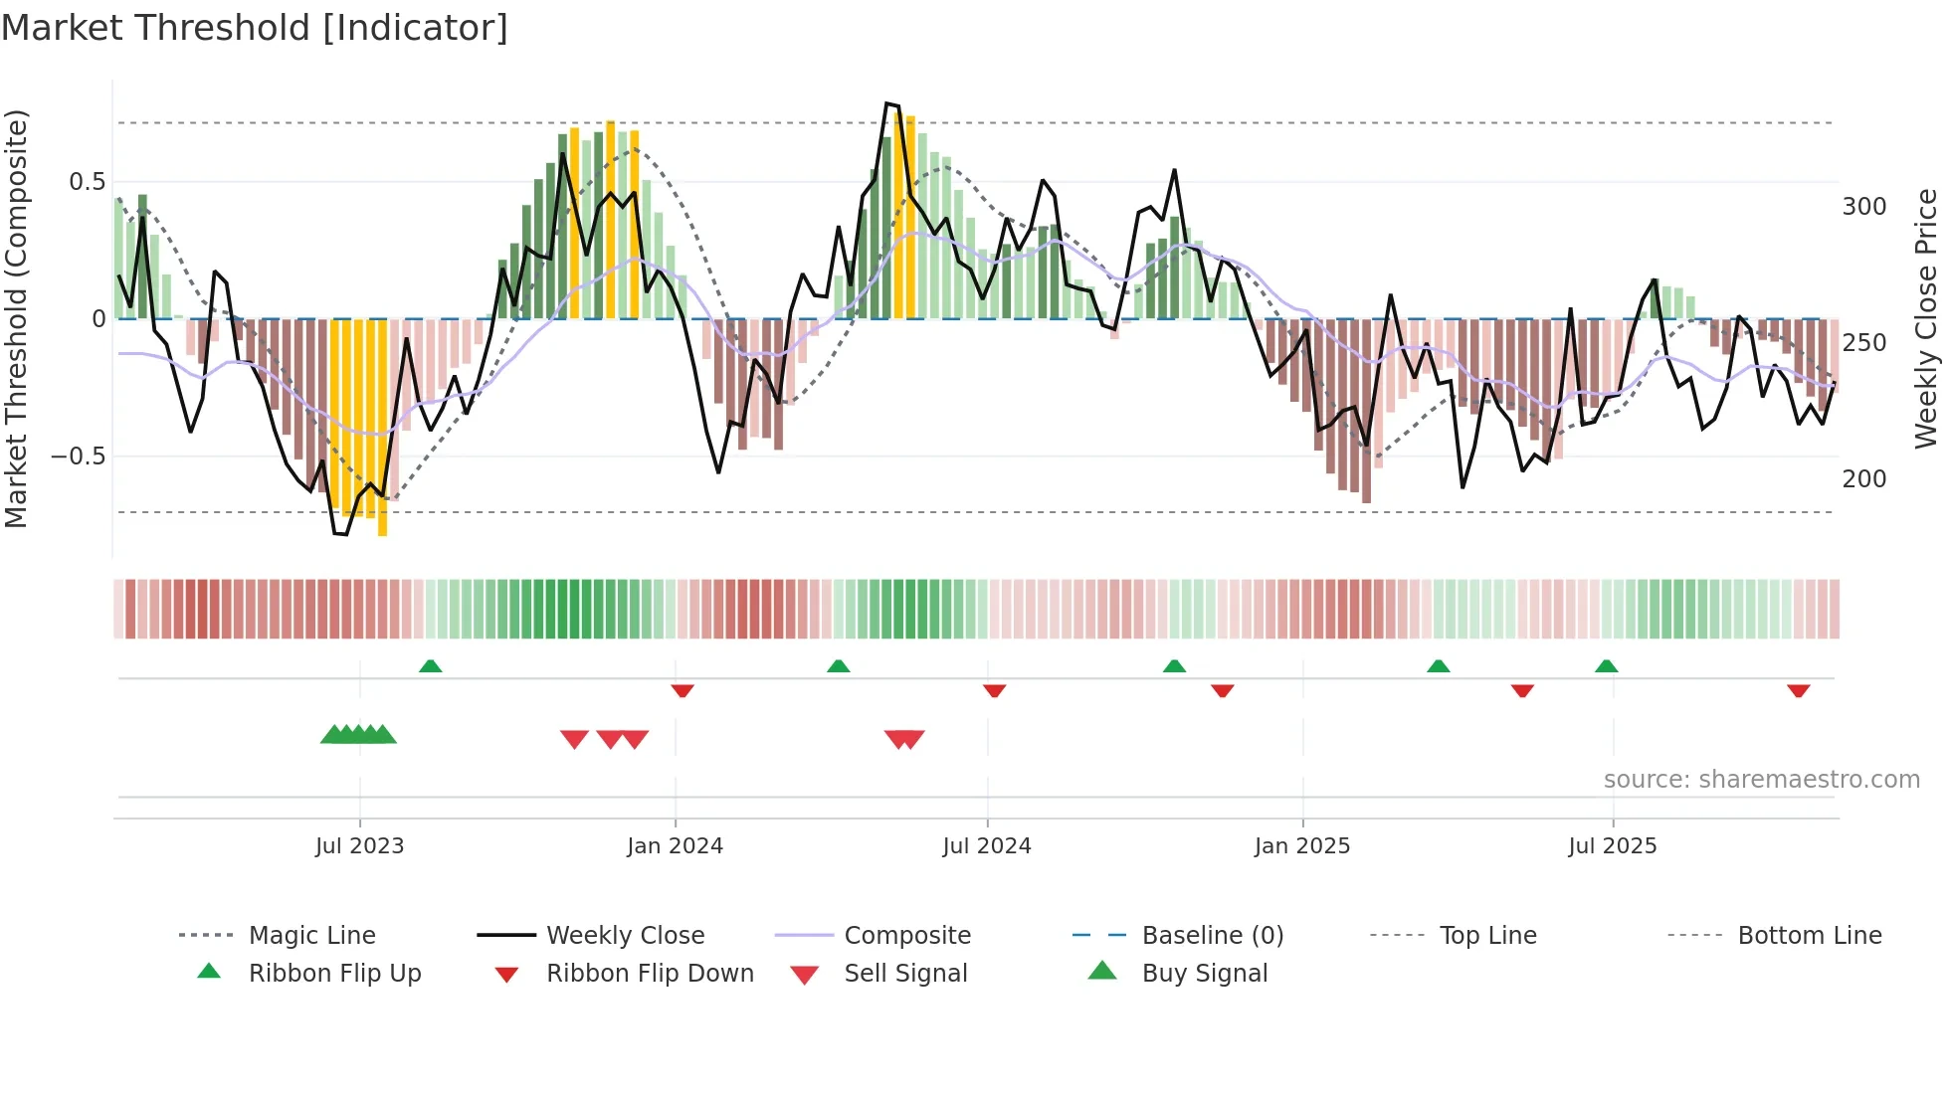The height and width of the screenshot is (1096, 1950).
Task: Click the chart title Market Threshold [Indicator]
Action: click(x=255, y=28)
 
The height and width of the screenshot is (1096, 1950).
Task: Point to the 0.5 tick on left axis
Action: click(x=87, y=182)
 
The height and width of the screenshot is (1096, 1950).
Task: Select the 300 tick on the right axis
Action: click(x=1863, y=207)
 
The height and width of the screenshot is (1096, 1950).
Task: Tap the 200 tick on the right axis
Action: click(x=1863, y=479)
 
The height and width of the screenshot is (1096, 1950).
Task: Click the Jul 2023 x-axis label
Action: click(x=359, y=846)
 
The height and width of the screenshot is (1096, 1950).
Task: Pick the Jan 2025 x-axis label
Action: click(x=1301, y=846)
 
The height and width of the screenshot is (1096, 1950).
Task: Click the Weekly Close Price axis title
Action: click(x=1926, y=318)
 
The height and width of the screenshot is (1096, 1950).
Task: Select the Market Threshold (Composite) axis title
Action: click(x=16, y=318)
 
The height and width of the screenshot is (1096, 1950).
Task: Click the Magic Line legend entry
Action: click(x=311, y=936)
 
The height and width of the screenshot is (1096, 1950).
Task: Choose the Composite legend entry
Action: click(x=906, y=936)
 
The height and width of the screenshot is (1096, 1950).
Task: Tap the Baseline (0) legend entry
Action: click(x=1212, y=936)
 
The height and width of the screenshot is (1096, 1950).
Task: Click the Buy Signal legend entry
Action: click(x=1204, y=974)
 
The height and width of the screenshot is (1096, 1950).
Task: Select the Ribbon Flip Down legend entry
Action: click(x=649, y=974)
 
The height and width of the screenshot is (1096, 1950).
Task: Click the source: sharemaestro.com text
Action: click(x=1761, y=780)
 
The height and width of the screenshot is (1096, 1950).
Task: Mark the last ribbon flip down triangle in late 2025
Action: click(x=1798, y=690)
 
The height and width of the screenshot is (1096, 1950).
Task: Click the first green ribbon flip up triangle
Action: click(x=430, y=666)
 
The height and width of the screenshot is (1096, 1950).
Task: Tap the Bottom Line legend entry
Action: click(x=1809, y=936)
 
